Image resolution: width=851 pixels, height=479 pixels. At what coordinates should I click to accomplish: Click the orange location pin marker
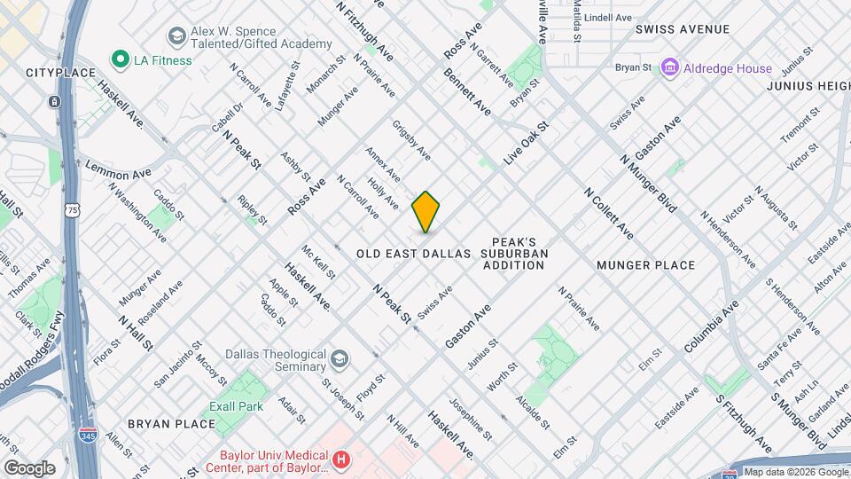point(426,212)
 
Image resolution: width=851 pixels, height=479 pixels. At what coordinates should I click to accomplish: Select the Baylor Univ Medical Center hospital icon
point(342,460)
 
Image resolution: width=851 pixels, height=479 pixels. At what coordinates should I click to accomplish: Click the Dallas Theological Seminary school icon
point(339,359)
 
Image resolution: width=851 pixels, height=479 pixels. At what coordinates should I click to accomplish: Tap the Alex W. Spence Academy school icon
point(176,36)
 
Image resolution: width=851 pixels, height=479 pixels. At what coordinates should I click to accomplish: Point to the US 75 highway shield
point(70,210)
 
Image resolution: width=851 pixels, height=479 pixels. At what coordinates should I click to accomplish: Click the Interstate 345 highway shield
point(88,436)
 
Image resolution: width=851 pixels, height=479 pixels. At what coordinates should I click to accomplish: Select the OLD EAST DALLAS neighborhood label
point(413,254)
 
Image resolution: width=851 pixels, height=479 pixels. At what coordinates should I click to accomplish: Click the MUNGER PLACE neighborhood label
point(645,265)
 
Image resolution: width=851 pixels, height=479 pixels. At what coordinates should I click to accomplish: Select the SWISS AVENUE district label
point(683,29)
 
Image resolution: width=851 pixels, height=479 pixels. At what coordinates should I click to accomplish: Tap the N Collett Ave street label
point(608,213)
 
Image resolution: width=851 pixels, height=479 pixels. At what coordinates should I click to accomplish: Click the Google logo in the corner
point(29,467)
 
